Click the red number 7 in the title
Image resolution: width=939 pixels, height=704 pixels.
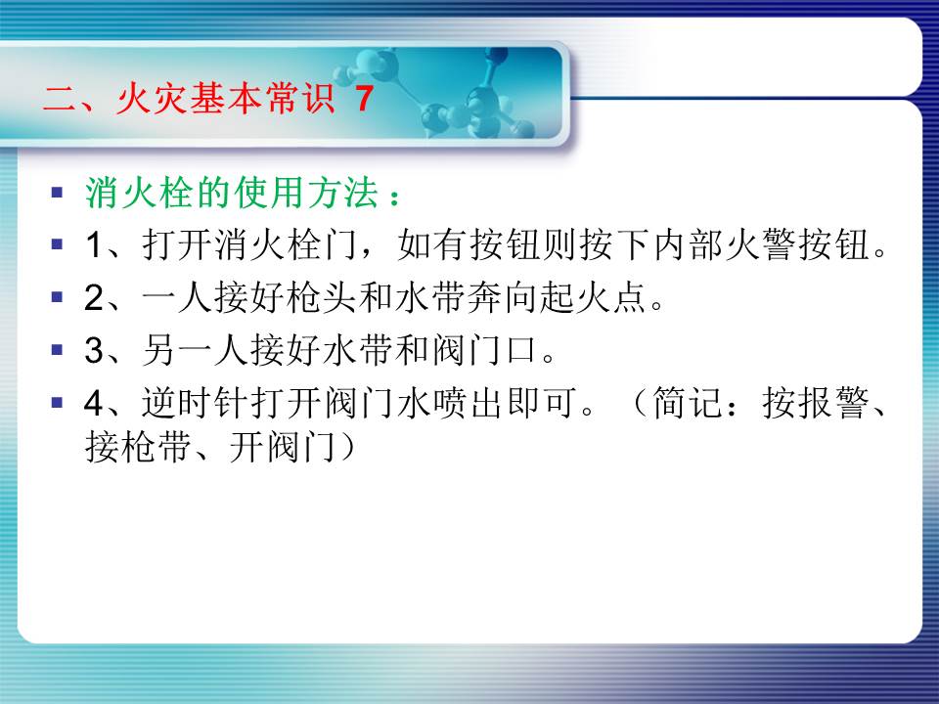pos(365,98)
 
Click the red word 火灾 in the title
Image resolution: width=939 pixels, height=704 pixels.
pos(153,98)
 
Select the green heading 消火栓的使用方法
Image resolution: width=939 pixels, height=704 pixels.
pos(233,193)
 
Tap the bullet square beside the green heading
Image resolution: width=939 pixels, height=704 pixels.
pos(58,193)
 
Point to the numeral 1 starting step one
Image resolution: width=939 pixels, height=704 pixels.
pos(95,245)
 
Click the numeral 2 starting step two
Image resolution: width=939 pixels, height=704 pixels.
pos(95,297)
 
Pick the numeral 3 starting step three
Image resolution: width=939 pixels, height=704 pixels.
pos(95,350)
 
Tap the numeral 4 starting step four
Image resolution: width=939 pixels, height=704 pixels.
pos(95,403)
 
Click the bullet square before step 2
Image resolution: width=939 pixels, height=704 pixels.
pos(58,297)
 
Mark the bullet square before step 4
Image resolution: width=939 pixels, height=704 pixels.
pos(58,402)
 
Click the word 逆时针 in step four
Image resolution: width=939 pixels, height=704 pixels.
pos(195,402)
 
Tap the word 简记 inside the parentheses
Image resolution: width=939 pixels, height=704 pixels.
pos(688,402)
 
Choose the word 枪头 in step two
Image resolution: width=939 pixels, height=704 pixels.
pos(322,297)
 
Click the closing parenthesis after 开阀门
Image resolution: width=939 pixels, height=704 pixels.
pos(347,447)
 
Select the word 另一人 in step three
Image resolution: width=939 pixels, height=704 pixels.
pos(195,350)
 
